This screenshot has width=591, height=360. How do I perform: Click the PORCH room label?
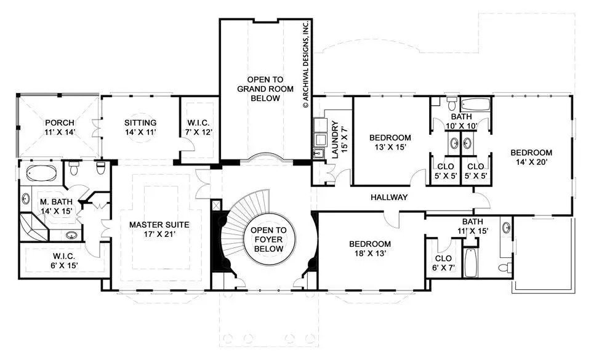point(60,122)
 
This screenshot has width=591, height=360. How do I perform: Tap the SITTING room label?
point(140,122)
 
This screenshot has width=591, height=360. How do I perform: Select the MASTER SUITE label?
point(159,225)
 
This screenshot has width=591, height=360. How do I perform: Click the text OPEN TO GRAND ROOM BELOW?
point(265,89)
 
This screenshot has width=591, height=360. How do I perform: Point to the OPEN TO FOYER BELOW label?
point(268,239)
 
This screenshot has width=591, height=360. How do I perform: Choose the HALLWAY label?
point(389,197)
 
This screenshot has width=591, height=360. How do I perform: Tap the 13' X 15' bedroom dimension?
point(390,147)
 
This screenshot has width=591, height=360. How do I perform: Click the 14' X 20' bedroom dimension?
point(531,162)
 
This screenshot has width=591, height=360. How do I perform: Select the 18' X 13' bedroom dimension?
point(370,254)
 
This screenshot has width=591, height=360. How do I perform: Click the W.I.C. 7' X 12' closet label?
point(198,127)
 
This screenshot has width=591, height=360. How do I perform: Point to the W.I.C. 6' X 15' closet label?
point(64,260)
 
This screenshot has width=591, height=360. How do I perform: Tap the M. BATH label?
point(56,202)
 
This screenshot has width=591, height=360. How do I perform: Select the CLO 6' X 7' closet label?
point(443,263)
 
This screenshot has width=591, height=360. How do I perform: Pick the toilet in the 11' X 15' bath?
point(505,267)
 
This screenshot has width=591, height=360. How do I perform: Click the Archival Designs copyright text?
point(306,65)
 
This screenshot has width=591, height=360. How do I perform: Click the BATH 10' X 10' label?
point(461,121)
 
